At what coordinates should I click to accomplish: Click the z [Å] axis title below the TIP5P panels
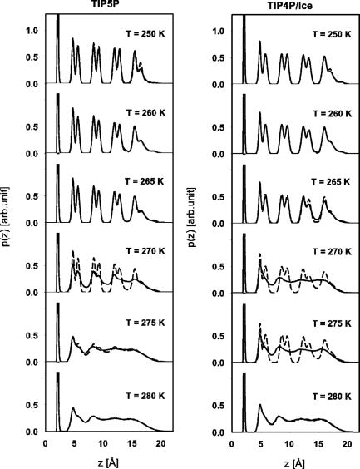tap(105, 460)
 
